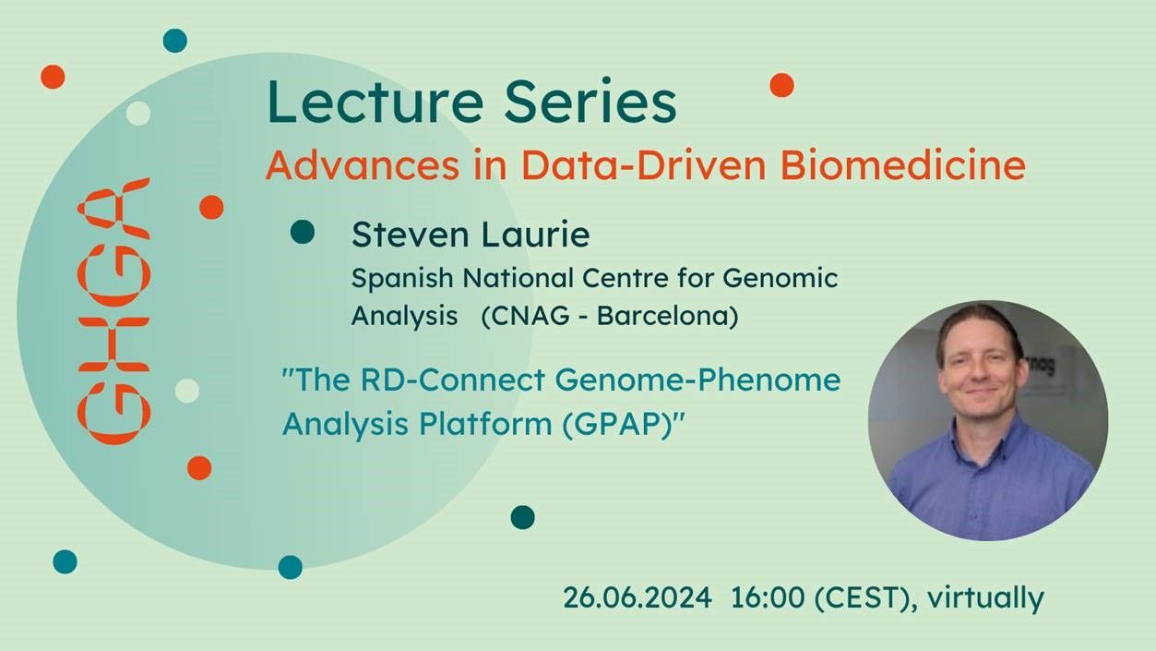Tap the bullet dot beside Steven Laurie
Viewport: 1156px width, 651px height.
302,233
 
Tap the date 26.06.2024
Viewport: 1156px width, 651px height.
638,598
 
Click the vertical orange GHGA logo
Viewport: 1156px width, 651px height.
113,310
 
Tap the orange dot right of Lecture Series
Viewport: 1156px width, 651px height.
781,85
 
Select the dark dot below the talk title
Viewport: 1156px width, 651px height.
522,517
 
